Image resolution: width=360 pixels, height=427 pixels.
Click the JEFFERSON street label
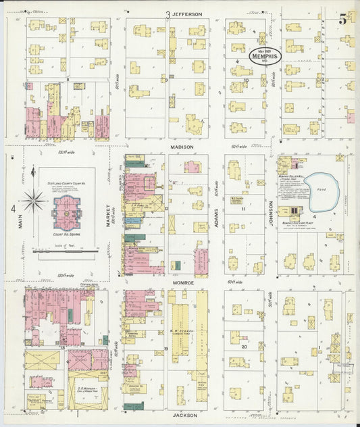coord(186,14)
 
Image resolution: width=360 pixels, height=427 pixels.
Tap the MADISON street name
coord(182,147)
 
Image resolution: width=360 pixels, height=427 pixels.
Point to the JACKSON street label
coord(184,415)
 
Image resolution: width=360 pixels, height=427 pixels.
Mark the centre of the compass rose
coord(32,201)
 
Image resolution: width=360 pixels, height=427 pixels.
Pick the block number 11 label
coord(244,209)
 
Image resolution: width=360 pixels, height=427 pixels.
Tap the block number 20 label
coord(244,345)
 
